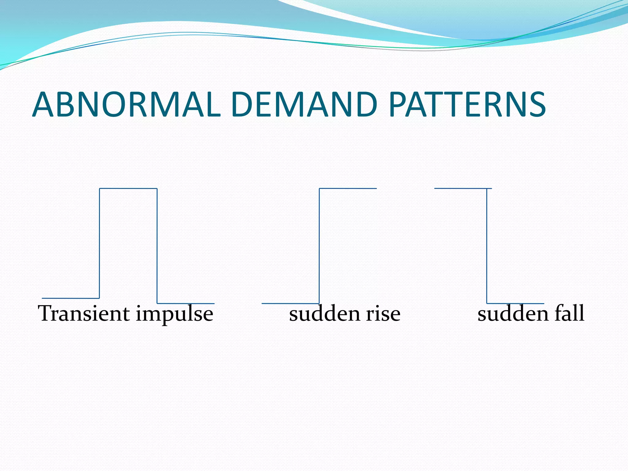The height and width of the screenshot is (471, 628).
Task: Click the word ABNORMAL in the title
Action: pyautogui.click(x=126, y=105)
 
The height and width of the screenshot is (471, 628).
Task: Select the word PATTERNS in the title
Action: pyautogui.click(x=467, y=105)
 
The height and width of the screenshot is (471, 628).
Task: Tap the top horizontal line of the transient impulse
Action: pyautogui.click(x=128, y=188)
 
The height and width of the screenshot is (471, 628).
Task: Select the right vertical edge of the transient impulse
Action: pyautogui.click(x=157, y=245)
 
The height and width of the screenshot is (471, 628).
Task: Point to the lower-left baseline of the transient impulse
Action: pyautogui.click(x=71, y=298)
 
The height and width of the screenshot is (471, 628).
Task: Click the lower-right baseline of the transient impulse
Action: pyautogui.click(x=186, y=303)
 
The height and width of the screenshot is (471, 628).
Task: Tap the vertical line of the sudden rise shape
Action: pyautogui.click(x=319, y=245)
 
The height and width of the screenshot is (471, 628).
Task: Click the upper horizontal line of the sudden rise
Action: pyautogui.click(x=348, y=188)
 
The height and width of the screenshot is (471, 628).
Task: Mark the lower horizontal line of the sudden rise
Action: pyautogui.click(x=290, y=303)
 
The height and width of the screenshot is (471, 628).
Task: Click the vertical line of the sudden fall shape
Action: pyautogui.click(x=487, y=245)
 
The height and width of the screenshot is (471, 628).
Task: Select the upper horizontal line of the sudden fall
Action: pyautogui.click(x=463, y=188)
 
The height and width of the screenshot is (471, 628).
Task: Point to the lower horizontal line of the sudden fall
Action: pyautogui.click(x=515, y=303)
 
